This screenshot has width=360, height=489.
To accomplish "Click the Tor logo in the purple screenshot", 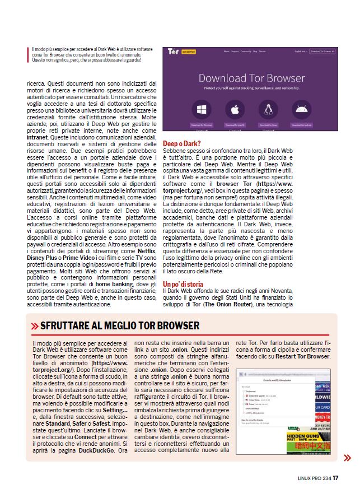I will tap(174, 51).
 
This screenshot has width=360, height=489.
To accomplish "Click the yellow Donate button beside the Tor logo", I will tap(189, 52).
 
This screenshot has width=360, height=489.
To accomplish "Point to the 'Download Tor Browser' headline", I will tap(251, 78).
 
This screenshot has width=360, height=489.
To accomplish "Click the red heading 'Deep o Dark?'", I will tap(181, 144).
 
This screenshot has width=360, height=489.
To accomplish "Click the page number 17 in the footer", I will tap(335, 478).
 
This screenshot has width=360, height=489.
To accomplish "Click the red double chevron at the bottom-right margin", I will tap(347, 458).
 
